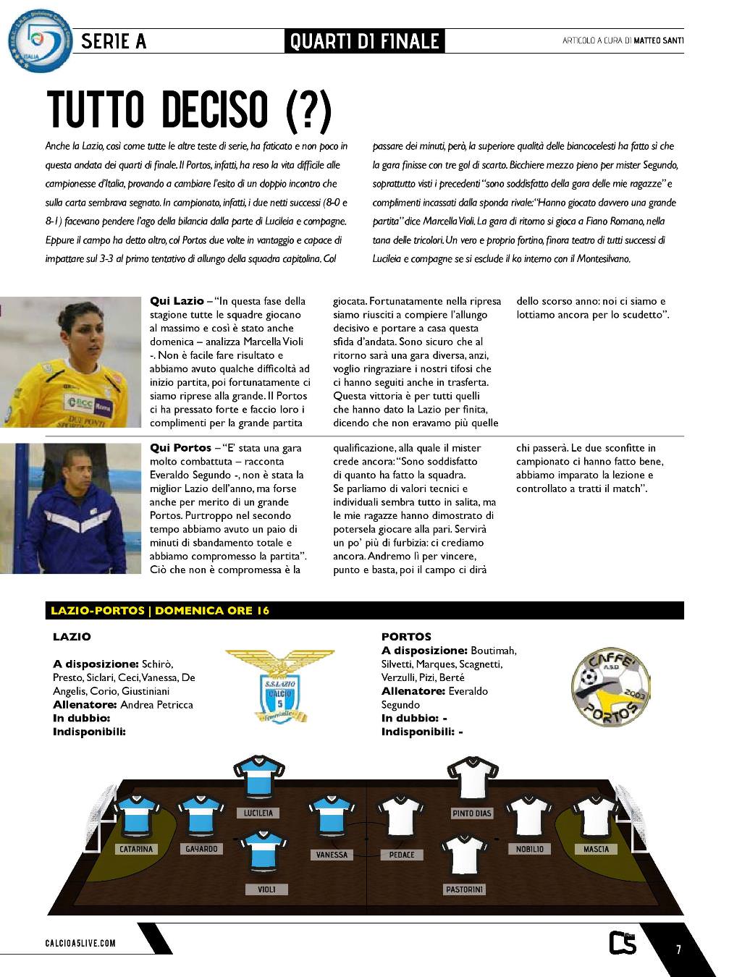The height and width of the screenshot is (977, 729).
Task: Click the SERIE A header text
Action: (x=114, y=41)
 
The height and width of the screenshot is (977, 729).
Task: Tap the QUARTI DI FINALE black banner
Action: (x=364, y=41)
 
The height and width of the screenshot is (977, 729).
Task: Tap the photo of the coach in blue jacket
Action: (x=70, y=508)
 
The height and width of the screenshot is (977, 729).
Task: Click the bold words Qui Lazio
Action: (x=177, y=301)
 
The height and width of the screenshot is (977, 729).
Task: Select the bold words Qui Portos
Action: (x=180, y=448)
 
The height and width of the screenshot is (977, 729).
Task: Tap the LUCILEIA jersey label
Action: (x=258, y=813)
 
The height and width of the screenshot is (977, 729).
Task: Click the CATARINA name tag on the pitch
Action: (x=136, y=849)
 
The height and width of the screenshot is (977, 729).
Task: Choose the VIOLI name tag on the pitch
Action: (x=266, y=889)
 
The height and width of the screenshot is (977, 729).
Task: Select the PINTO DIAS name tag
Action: (x=471, y=813)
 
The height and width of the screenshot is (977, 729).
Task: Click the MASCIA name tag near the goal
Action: (x=596, y=849)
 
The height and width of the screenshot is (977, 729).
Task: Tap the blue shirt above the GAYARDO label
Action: (x=201, y=816)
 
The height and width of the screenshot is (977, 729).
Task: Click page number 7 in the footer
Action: (x=678, y=949)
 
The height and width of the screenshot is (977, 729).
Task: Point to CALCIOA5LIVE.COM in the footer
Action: (x=80, y=943)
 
